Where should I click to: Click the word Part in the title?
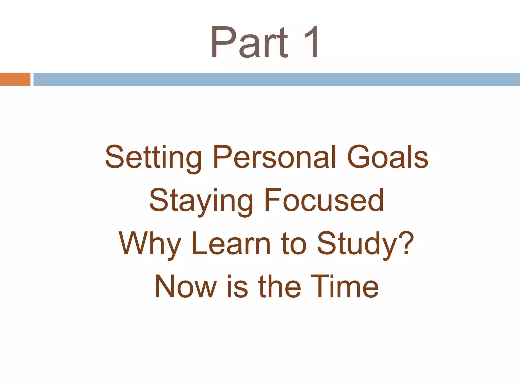click(x=249, y=42)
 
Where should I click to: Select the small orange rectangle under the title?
click(x=15, y=79)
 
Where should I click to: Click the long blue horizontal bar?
click(x=277, y=79)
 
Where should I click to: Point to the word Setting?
click(x=153, y=158)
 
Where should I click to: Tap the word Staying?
click(x=201, y=201)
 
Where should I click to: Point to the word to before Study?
click(x=294, y=244)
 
